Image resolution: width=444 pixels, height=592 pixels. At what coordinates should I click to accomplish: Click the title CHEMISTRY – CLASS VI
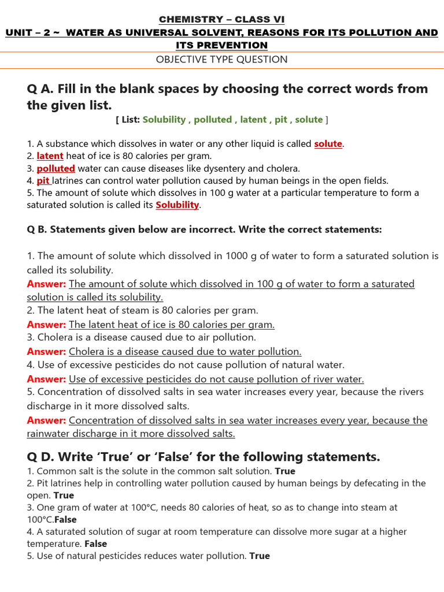222,20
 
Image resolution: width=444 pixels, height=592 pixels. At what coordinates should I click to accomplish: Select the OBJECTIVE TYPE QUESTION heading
222,59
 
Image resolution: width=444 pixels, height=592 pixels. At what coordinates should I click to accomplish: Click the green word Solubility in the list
164,120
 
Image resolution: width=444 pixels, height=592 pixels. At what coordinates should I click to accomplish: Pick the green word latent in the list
253,120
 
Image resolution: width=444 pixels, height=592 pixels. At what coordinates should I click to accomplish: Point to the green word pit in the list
281,120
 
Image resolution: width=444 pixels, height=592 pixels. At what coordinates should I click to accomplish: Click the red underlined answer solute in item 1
328,144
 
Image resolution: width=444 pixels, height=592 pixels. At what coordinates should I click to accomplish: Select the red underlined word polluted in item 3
56,168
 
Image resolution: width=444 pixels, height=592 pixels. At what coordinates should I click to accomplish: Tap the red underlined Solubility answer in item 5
177,205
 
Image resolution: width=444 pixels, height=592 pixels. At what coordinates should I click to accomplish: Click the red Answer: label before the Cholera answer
46,351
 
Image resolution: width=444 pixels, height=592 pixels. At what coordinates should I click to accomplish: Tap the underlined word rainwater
48,434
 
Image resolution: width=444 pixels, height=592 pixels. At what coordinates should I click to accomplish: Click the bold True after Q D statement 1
284,471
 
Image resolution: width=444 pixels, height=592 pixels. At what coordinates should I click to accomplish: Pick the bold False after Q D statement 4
96,543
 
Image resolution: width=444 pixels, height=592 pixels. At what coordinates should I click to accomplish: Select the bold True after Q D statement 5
260,556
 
